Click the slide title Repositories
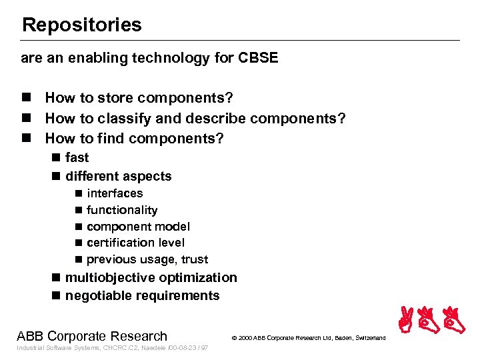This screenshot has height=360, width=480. [x=81, y=25]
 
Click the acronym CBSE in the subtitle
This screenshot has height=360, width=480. [x=257, y=58]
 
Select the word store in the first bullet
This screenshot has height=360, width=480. [x=117, y=98]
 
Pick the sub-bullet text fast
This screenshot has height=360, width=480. [x=77, y=158]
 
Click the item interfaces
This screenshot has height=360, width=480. [x=115, y=193]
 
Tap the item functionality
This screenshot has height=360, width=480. [x=122, y=210]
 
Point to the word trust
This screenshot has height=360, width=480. [x=194, y=259]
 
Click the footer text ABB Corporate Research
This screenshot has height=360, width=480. [x=92, y=336]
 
